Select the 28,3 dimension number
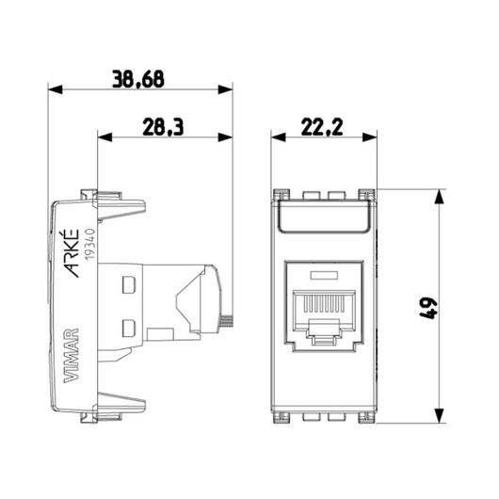pyautogui.click(x=165, y=125)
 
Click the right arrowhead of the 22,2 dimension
pyautogui.click(x=373, y=137)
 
